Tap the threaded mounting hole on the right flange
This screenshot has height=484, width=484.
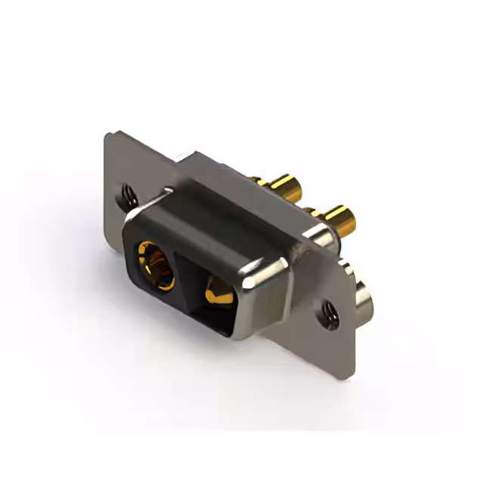329,312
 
